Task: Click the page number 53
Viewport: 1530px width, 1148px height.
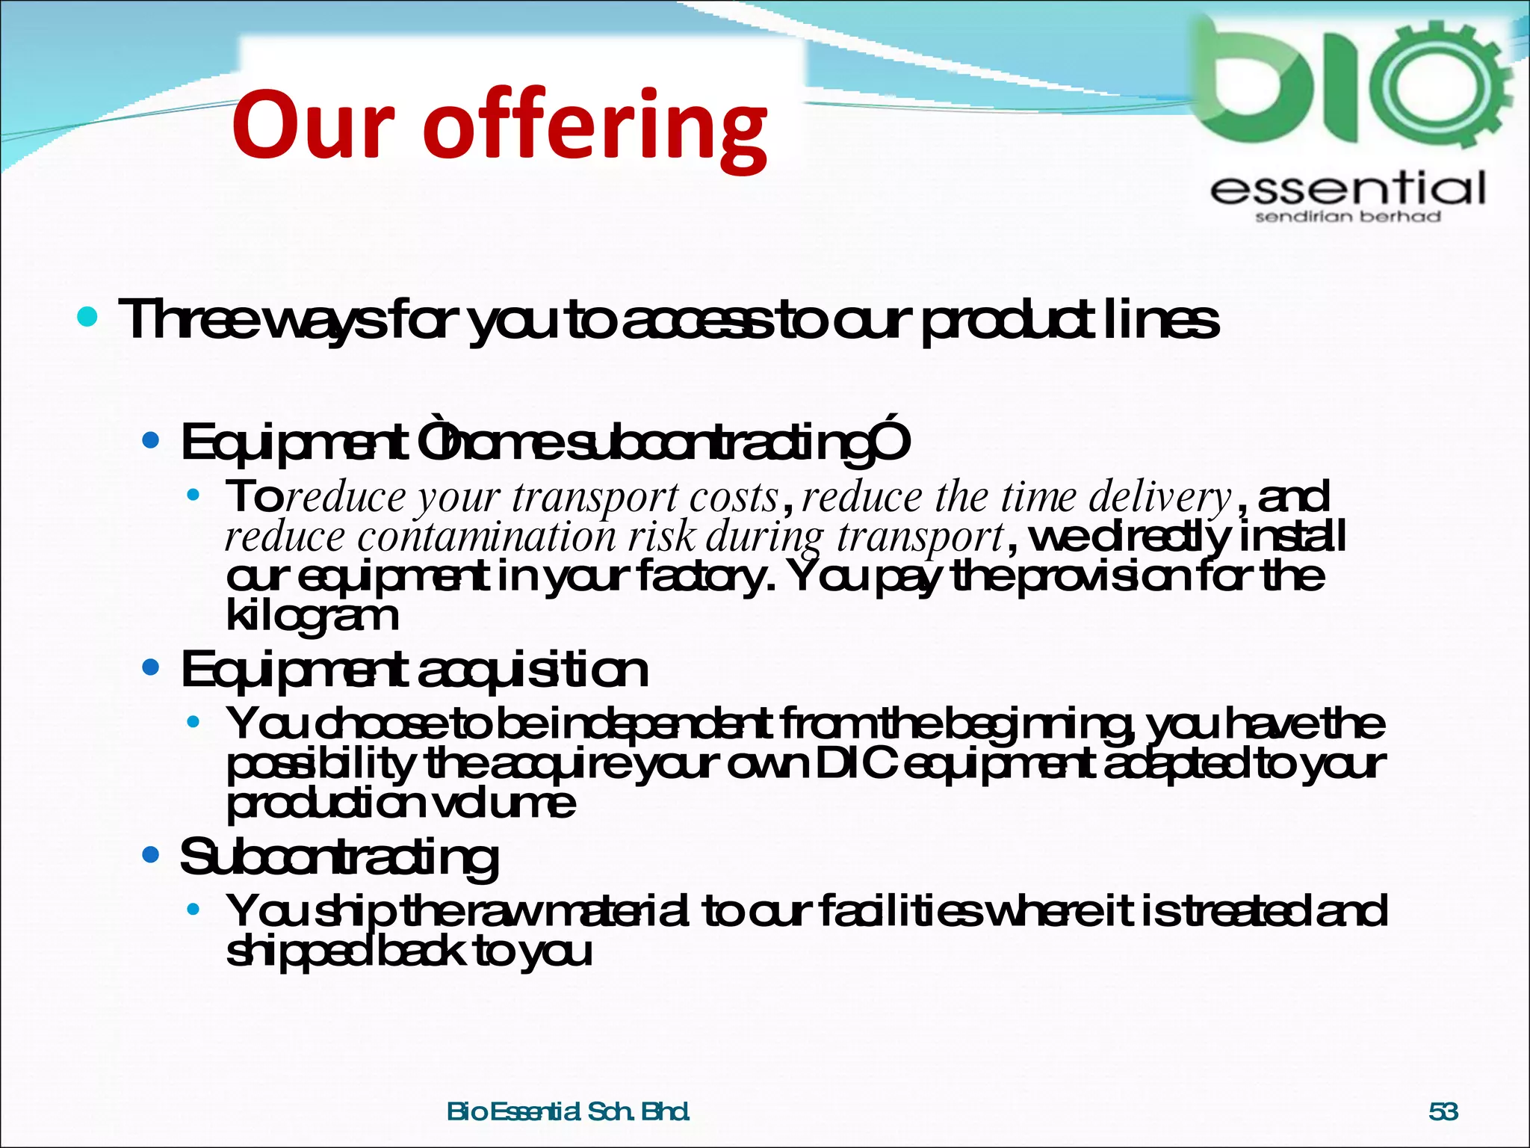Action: tap(1443, 1111)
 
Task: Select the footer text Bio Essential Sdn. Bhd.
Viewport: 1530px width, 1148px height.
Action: tap(568, 1111)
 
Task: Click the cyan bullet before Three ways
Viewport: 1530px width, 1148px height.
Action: tap(87, 317)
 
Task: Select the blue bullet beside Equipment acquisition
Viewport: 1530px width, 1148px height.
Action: tap(151, 667)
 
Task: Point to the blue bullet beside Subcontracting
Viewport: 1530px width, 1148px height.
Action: tap(151, 854)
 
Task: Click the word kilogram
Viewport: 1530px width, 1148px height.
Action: tap(312, 617)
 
